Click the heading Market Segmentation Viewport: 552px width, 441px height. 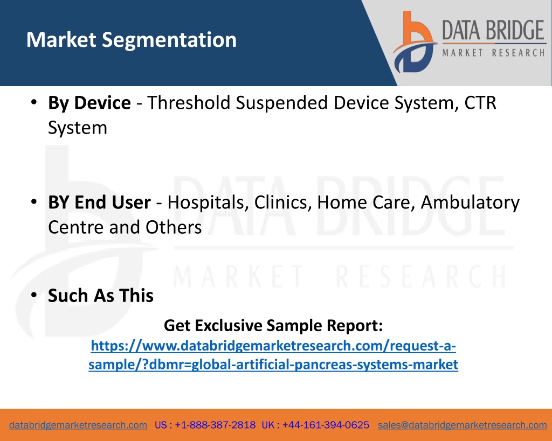pyautogui.click(x=132, y=40)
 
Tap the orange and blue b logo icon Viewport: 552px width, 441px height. pyautogui.click(x=415, y=42)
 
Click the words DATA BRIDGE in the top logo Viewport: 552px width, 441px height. pyautogui.click(x=493, y=30)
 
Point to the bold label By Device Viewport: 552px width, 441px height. pyautogui.click(x=89, y=103)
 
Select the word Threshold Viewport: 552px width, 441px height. pyautogui.click(x=189, y=103)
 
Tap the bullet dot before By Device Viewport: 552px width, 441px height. pyautogui.click(x=34, y=102)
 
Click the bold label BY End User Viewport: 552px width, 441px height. pyautogui.click(x=99, y=202)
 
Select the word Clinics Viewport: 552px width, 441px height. pyautogui.click(x=283, y=202)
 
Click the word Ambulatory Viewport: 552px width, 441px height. pyautogui.click(x=470, y=203)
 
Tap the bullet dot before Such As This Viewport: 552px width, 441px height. pyautogui.click(x=34, y=295)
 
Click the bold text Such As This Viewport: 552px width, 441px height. pyautogui.click(x=101, y=296)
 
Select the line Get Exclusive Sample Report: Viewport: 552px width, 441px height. pyautogui.click(x=273, y=325)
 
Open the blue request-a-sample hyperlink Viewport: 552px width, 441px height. pyautogui.click(x=273, y=355)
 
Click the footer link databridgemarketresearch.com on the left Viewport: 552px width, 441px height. pyautogui.click(x=78, y=425)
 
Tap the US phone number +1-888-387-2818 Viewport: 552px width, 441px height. pyautogui.click(x=215, y=425)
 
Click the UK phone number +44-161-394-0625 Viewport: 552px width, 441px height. pyautogui.click(x=326, y=425)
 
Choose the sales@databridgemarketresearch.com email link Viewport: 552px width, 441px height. pyautogui.click(x=462, y=425)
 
